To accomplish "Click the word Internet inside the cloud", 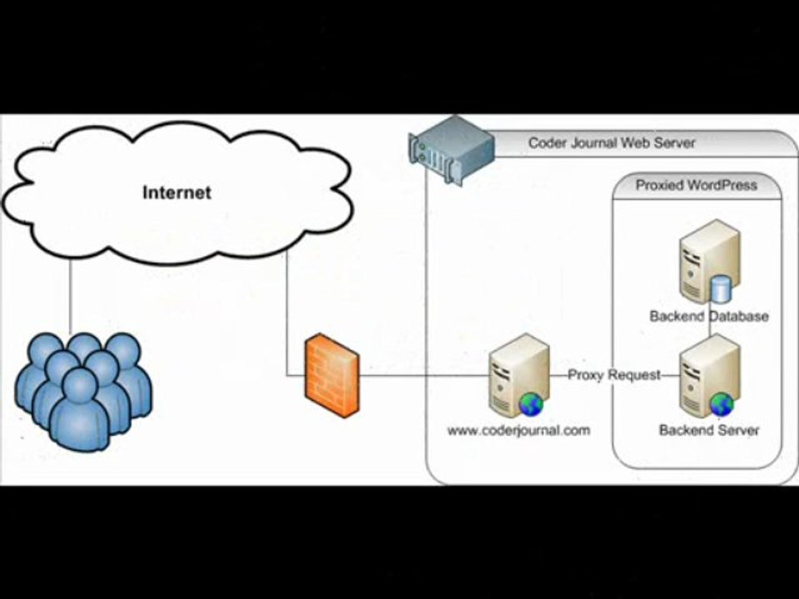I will point(176,193).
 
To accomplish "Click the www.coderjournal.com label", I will point(519,430).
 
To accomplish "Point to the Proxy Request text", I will point(614,375).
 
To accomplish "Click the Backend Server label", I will point(709,430).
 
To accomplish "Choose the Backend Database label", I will point(709,316).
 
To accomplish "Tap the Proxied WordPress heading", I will point(697,185).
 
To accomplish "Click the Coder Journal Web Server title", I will point(612,142).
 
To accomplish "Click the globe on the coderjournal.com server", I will point(530,405).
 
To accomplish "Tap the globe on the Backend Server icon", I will point(722,405).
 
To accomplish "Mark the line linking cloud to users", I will point(70,295).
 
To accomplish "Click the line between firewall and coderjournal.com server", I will point(424,376).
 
